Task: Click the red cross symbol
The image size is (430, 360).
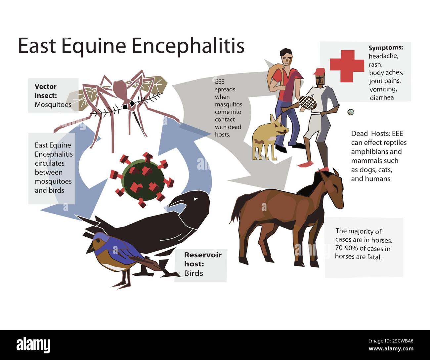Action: click(346, 66)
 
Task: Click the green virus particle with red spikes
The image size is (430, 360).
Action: click(143, 180)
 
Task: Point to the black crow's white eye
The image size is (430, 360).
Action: click(195, 199)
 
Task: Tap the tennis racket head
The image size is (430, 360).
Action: click(308, 102)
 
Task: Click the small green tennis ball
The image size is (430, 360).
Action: click(351, 112)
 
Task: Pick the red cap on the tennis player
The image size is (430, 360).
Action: click(319, 72)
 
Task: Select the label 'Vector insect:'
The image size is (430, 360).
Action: click(46, 91)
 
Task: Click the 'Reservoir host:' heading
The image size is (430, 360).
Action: click(203, 259)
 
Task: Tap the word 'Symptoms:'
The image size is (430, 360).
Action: click(385, 48)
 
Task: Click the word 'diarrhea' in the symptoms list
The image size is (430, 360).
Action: click(382, 98)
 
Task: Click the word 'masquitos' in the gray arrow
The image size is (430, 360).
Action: click(228, 104)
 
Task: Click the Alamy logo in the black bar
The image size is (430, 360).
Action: click(33, 345)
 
